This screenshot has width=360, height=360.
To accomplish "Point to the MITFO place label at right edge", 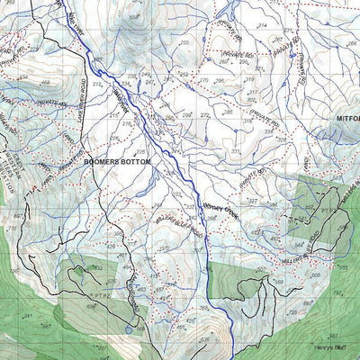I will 347,118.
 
